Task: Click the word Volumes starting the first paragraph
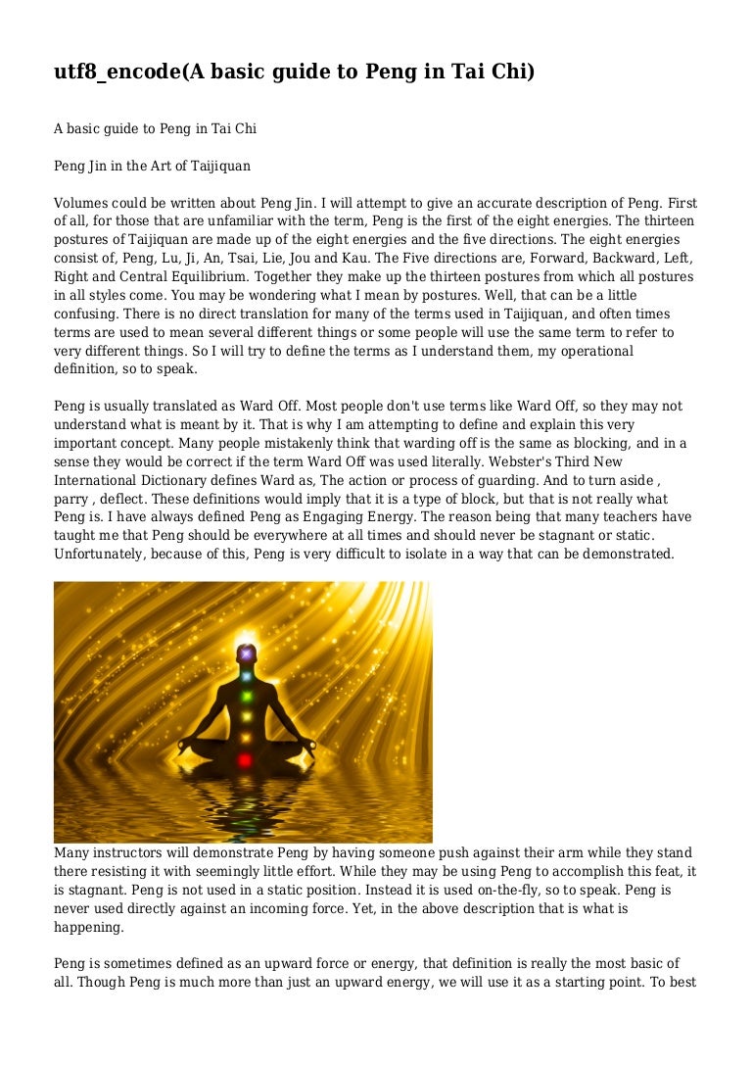click(x=81, y=204)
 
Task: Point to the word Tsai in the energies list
click(x=249, y=259)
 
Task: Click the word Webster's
click(x=546, y=461)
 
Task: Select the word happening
click(x=88, y=927)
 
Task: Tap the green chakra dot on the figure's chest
click(x=247, y=697)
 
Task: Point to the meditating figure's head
click(x=247, y=653)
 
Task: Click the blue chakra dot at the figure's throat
click(x=247, y=676)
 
